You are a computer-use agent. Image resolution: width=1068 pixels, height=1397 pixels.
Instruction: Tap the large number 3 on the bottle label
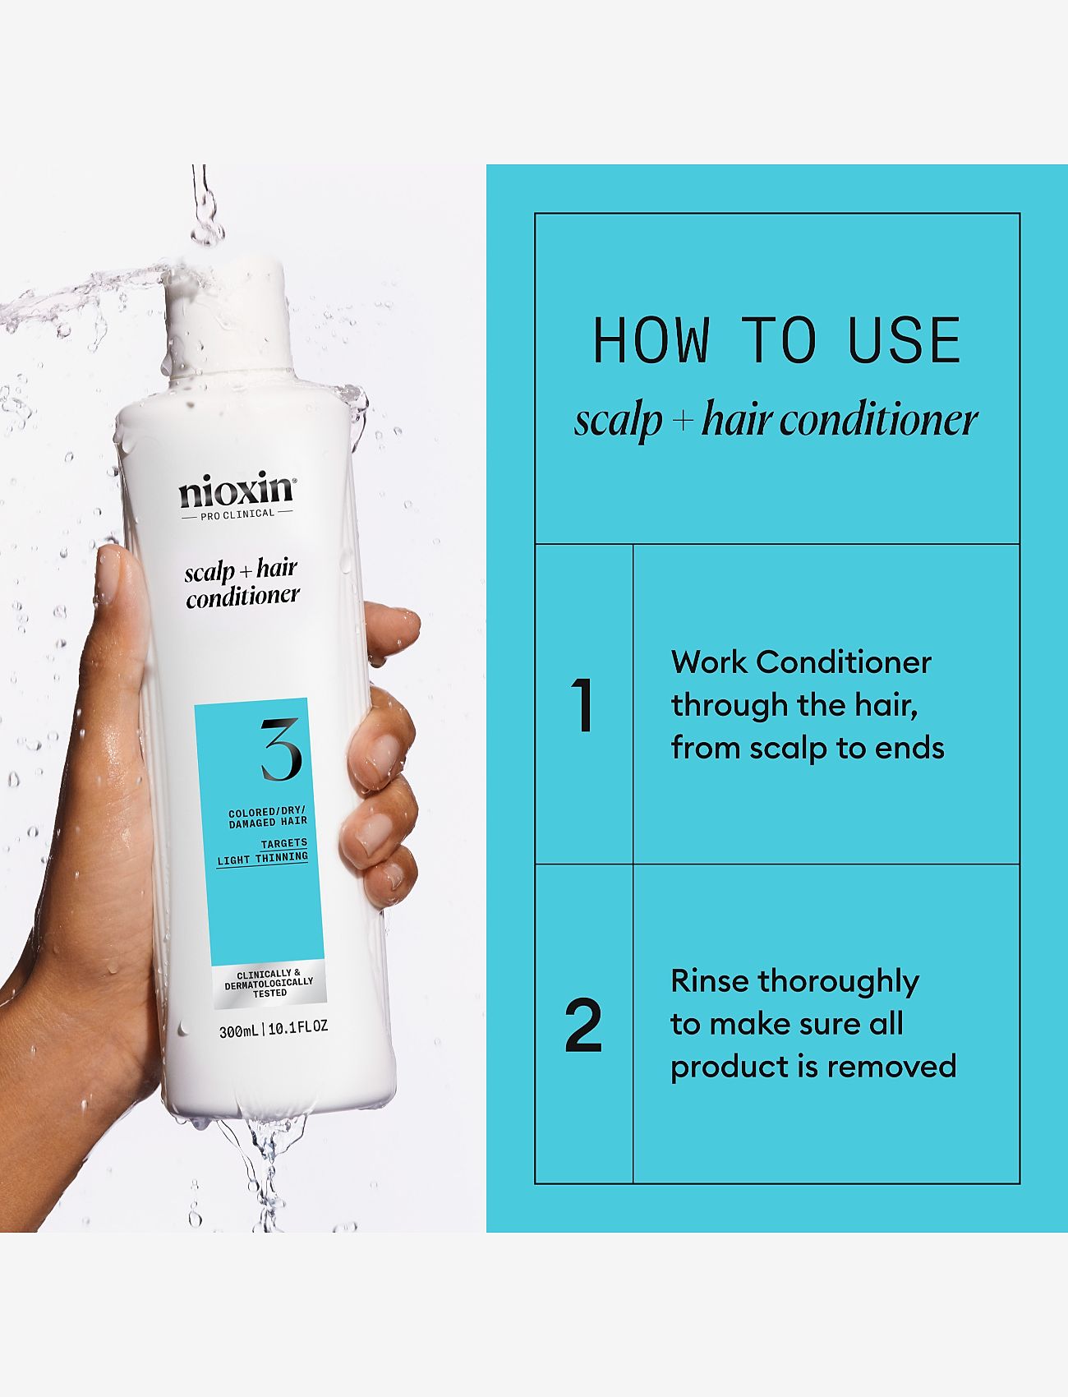281,749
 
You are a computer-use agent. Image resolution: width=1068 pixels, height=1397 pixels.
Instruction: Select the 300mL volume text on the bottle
238,1030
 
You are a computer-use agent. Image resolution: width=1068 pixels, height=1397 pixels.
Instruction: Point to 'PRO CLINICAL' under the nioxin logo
237,514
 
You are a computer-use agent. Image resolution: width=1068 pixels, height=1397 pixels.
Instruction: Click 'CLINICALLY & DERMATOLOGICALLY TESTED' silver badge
269,983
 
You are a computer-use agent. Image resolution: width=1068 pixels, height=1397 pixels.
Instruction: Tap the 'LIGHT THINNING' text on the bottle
262,858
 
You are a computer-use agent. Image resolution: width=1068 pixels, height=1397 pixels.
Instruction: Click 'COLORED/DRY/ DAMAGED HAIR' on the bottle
268,817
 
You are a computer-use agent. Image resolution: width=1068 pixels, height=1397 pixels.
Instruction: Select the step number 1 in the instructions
582,704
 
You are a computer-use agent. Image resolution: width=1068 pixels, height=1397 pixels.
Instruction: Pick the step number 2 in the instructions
583,1025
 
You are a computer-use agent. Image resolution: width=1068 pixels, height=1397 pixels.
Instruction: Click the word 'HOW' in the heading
651,340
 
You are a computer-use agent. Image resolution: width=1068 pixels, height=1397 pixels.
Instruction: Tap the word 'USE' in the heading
905,340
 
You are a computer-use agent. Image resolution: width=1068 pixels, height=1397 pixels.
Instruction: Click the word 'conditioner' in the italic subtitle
879,420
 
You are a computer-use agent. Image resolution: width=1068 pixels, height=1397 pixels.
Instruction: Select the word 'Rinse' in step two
711,981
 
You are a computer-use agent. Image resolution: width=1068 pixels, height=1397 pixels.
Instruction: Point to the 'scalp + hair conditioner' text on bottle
242,582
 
